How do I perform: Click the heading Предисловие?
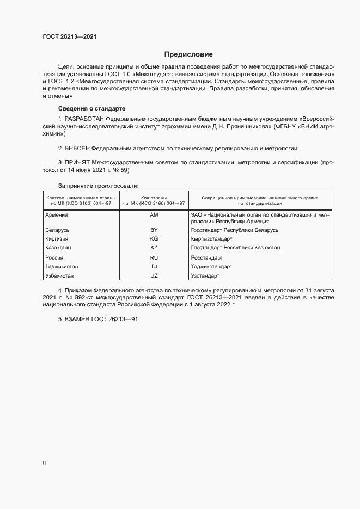(189, 54)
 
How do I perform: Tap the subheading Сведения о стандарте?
(92, 108)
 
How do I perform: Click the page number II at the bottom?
(44, 463)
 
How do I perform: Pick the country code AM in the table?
(154, 215)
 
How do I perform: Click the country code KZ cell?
(154, 248)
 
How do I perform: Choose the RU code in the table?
(154, 257)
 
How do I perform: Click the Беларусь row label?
(57, 230)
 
